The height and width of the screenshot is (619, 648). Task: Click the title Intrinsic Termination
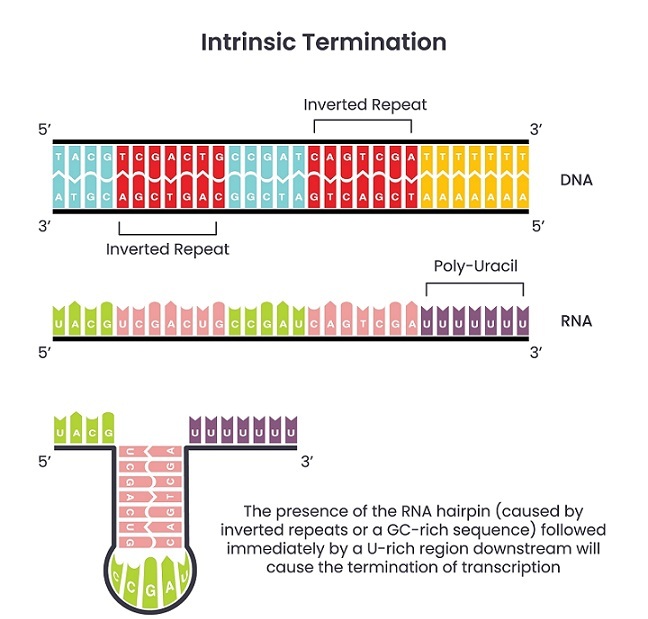pyautogui.click(x=323, y=42)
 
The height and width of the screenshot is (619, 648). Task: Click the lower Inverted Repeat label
pyautogui.click(x=168, y=249)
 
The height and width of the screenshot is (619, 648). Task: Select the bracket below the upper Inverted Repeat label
pyautogui.click(x=363, y=123)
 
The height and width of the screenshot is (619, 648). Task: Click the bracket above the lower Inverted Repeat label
pyautogui.click(x=168, y=228)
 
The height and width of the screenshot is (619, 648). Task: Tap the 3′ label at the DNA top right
pyautogui.click(x=536, y=130)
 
